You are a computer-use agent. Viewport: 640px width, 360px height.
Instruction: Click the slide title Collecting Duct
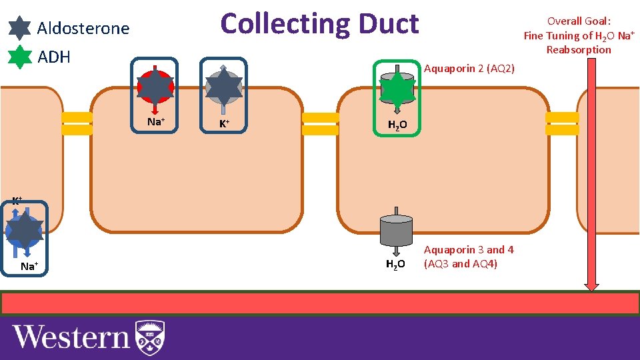pos(319,23)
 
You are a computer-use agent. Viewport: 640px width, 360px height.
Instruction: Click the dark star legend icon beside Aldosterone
pos(20,28)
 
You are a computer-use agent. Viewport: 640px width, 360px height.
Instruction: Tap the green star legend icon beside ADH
pos(20,57)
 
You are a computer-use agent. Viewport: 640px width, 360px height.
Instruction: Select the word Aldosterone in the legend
pos(83,29)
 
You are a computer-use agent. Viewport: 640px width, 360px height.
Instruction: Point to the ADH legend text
pos(54,57)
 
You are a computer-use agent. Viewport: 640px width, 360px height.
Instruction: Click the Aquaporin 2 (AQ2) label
pos(469,68)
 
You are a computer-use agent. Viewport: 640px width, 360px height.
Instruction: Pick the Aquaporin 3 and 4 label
pos(469,256)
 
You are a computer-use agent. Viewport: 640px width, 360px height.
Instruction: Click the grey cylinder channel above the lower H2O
pos(396,230)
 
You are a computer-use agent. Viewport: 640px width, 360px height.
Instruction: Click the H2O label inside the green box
pos(397,125)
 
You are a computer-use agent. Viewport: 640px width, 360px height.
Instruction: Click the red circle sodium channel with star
pos(155,86)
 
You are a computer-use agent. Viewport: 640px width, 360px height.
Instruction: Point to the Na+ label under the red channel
pos(155,121)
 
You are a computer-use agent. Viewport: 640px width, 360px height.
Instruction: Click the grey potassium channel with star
pos(223,86)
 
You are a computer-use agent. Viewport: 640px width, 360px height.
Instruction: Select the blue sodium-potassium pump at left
pos(24,230)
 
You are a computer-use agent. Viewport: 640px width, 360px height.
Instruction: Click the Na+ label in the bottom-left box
pos(29,267)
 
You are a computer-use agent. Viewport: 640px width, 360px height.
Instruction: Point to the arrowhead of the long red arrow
pos(591,285)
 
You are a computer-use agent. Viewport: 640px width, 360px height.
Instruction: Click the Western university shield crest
pos(150,337)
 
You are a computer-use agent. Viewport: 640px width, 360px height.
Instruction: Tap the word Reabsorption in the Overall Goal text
pos(578,49)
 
